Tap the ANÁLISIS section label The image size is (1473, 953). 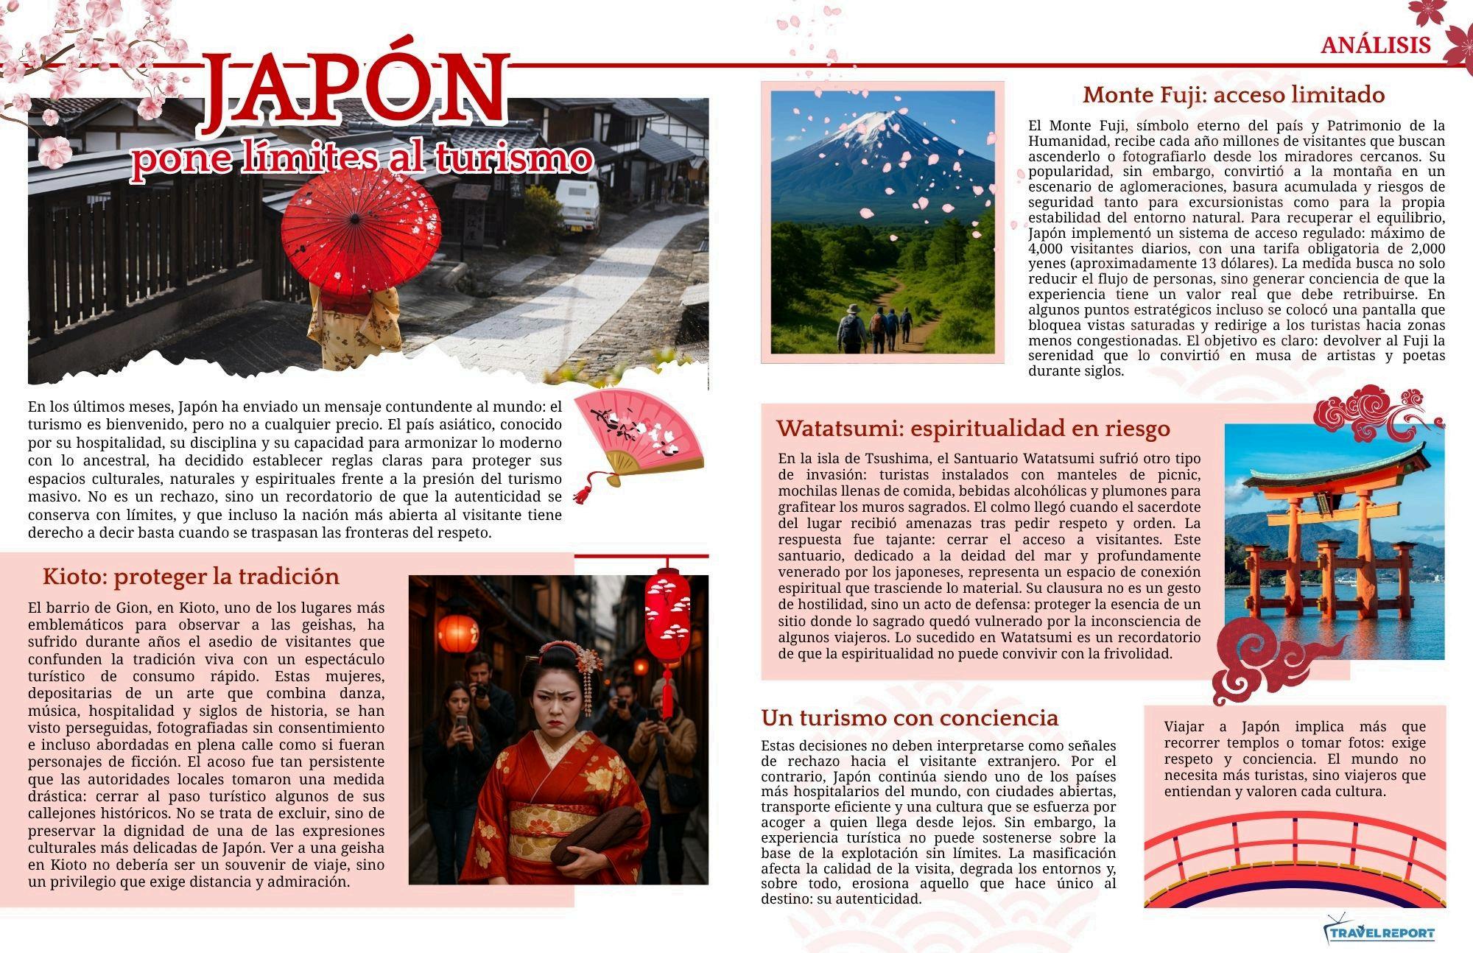click(1375, 46)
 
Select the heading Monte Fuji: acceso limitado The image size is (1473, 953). click(1233, 95)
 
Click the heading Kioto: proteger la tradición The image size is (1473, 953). click(191, 576)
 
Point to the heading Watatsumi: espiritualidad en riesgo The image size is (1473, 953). click(973, 428)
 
